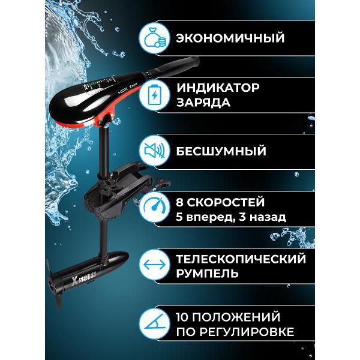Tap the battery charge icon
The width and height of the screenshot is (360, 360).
pyautogui.click(x=155, y=95)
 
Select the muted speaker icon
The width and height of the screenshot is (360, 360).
pyautogui.click(x=155, y=151)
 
